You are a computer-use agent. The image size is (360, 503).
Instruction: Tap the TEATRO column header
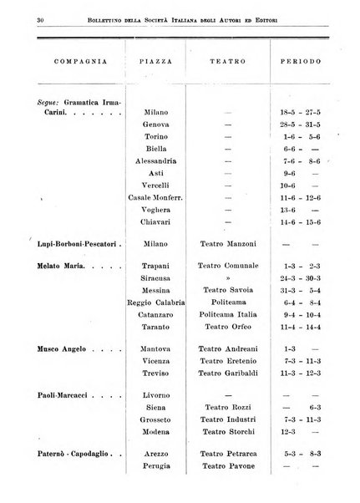(x=227, y=63)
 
